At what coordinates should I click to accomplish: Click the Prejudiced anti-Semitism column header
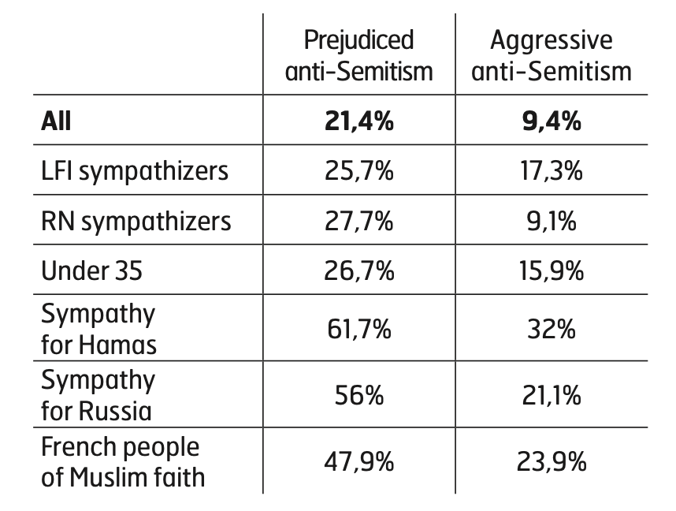[x=358, y=55]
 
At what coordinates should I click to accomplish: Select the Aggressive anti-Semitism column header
[x=552, y=55]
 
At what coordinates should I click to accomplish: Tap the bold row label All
[x=56, y=121]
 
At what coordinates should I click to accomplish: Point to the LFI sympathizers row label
[x=135, y=170]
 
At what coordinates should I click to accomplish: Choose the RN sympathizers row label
[x=136, y=221]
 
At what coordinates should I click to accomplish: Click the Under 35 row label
[x=92, y=270]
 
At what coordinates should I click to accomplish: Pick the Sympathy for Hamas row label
[x=98, y=329]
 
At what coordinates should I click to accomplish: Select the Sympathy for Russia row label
[x=98, y=395]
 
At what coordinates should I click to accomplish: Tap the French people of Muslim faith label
[x=123, y=461]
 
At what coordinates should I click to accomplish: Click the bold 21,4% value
[x=358, y=121]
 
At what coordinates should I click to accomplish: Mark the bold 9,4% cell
[x=552, y=121]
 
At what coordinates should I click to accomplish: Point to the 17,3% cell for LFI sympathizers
[x=552, y=170]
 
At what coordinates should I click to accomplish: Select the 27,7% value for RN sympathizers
[x=358, y=221]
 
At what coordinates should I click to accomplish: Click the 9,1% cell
[x=552, y=221]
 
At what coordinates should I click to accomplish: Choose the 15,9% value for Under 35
[x=552, y=270]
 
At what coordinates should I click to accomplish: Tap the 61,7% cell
[x=358, y=329]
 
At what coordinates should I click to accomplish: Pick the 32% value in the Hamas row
[x=552, y=329]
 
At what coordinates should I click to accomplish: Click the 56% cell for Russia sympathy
[x=358, y=395]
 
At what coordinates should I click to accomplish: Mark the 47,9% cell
[x=358, y=461]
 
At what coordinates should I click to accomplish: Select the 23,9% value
[x=552, y=461]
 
